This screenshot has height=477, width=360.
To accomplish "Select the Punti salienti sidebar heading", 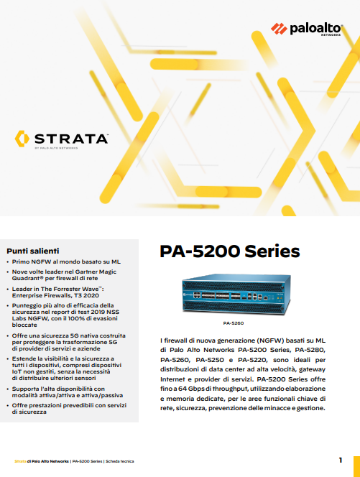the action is tap(32, 250).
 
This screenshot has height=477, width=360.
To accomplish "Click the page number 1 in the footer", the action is tap(340, 460).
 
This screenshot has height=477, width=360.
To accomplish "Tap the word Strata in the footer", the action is tap(22, 460).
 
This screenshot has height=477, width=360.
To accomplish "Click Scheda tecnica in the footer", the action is tap(121, 460).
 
